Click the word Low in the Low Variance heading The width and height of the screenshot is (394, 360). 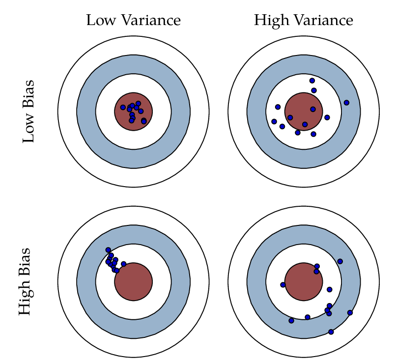point(99,21)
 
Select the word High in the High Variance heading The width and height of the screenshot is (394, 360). point(272,21)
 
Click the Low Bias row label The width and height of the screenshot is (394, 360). point(29,111)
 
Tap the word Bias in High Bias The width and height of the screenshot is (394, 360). point(25,260)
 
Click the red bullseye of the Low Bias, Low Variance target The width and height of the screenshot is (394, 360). point(134,111)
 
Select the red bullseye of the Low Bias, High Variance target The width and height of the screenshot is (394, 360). point(304,111)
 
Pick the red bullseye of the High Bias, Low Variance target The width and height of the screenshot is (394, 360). point(134,281)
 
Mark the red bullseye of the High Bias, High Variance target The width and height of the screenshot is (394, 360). point(304,281)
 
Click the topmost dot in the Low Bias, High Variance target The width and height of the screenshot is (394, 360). point(312,81)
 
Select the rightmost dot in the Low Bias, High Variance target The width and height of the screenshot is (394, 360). point(346,103)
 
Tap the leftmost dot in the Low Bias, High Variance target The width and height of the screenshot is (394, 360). point(274,121)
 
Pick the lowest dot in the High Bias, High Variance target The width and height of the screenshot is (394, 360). point(331,332)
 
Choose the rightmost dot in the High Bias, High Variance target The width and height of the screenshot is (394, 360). point(350,312)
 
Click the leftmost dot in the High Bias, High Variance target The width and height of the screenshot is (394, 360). point(283,285)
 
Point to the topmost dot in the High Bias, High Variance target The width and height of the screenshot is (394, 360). point(340,261)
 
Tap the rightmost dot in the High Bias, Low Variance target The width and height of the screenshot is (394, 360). point(124,264)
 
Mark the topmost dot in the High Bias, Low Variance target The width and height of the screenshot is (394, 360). point(108,250)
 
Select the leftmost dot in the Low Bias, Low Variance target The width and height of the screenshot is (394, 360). point(123,108)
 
